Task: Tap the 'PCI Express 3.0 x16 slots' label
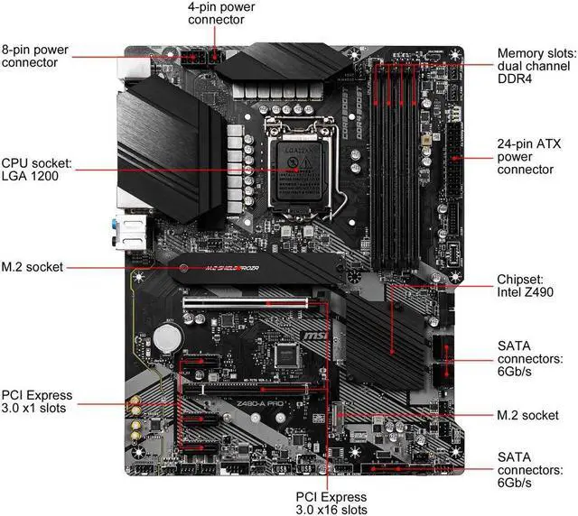(x=331, y=503)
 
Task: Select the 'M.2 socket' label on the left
(x=34, y=267)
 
